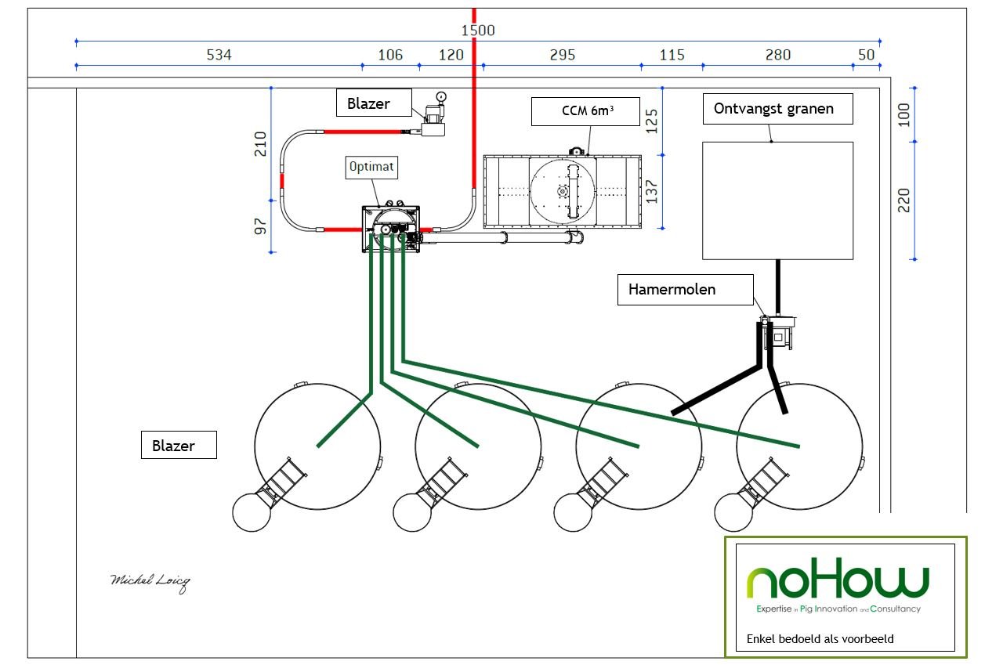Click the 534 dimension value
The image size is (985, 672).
point(219,55)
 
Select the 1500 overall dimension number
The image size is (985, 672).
point(478,31)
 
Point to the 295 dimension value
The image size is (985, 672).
point(563,55)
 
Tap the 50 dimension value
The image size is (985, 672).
point(866,55)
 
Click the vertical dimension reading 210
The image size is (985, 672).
point(260,143)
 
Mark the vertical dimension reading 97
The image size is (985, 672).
point(260,226)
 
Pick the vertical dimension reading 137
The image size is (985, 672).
point(651,192)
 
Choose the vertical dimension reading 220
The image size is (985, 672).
point(904,201)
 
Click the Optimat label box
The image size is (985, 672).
point(371,168)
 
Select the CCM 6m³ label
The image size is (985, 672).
point(585,112)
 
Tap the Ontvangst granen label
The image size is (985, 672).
point(777,109)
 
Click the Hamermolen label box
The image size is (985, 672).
point(685,290)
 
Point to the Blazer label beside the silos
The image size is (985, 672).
point(179,445)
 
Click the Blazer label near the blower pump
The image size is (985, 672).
point(374,103)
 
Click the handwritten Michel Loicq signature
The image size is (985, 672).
point(150,583)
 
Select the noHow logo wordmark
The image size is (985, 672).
point(838,578)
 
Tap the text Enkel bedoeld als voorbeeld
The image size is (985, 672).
point(820,639)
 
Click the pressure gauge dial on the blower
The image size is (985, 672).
point(441,96)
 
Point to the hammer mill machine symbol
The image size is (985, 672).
point(777,333)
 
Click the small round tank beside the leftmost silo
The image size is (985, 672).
point(252,512)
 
